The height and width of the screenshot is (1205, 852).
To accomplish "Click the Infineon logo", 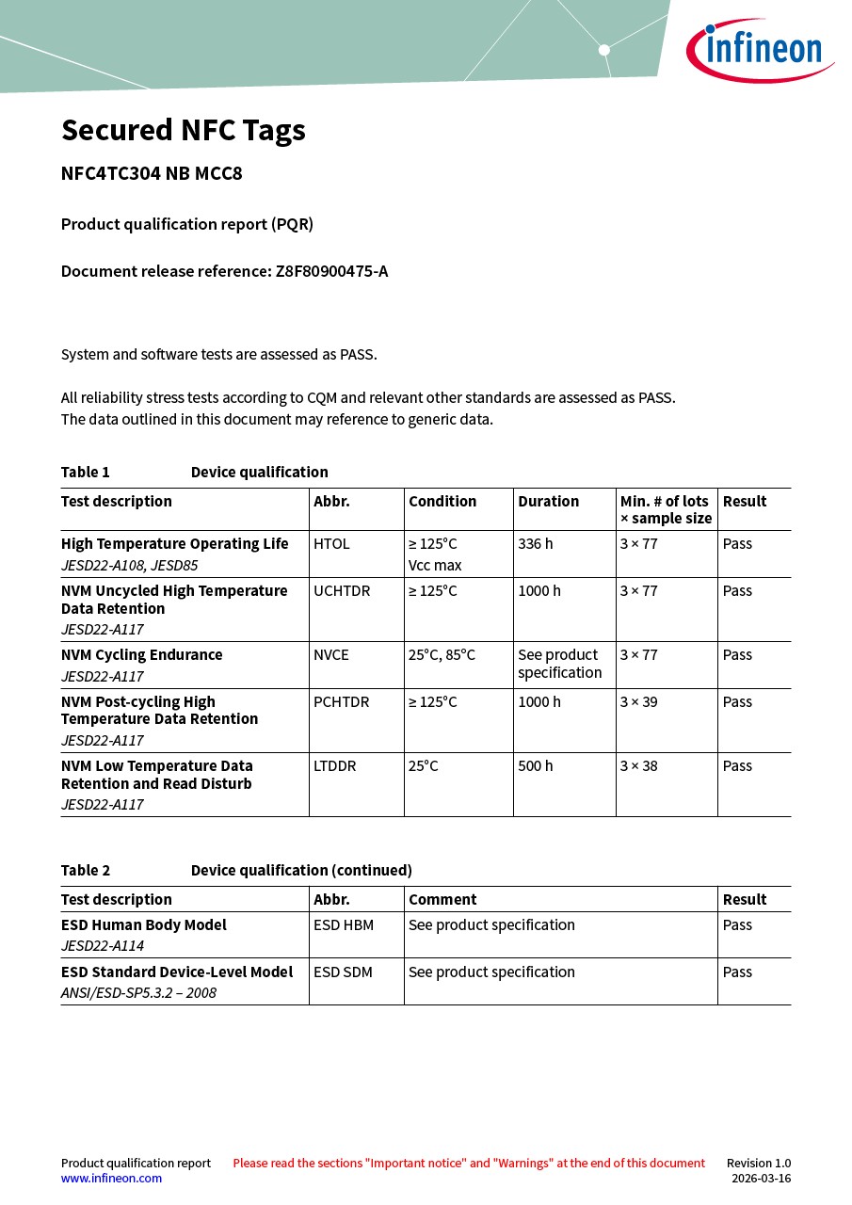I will coord(759,49).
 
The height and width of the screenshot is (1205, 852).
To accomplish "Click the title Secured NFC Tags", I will coord(184,130).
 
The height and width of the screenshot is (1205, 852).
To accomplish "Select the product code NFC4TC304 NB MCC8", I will coord(152,173).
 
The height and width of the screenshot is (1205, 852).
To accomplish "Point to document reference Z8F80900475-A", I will coord(331,271).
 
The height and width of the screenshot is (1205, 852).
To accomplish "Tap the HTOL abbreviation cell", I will coord(331,544).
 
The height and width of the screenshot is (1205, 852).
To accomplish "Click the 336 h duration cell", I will coord(536,544).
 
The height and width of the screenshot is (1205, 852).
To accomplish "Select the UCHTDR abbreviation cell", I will coord(342,591).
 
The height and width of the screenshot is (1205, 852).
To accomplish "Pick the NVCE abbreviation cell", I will coord(331,655).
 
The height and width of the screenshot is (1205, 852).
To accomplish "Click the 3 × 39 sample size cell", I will coord(638,702).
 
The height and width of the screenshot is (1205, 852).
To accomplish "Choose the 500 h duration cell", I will coord(536,766).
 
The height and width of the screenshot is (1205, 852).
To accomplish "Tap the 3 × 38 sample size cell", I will coord(638,766).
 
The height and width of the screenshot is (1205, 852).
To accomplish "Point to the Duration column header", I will coord(548,502).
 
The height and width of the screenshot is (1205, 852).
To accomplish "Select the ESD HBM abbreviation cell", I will coord(344,925).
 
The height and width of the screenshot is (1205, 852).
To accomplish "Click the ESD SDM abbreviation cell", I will coord(343,972).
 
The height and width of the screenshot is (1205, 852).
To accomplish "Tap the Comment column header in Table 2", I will coord(442,900).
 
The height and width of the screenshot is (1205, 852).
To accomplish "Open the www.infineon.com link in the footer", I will coord(111,1179).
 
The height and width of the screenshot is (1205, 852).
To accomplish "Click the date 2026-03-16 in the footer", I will coord(761,1179).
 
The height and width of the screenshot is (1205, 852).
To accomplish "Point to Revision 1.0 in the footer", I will coord(758,1164).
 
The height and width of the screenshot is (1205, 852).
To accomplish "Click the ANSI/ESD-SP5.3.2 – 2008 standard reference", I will coord(138,993).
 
